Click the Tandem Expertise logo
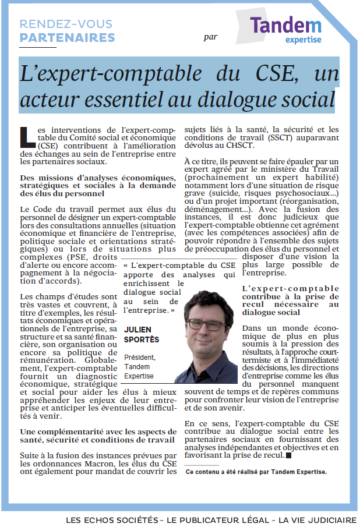tap(285, 29)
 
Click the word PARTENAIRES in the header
tap(68, 38)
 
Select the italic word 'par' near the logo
tap(211, 37)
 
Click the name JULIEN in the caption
tap(137, 330)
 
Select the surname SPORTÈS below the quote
tap(141, 339)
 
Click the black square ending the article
tap(288, 455)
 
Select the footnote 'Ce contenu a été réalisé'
tap(223, 472)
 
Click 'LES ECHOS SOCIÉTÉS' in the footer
tap(111, 519)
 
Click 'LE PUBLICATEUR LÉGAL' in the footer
tap(213, 519)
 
